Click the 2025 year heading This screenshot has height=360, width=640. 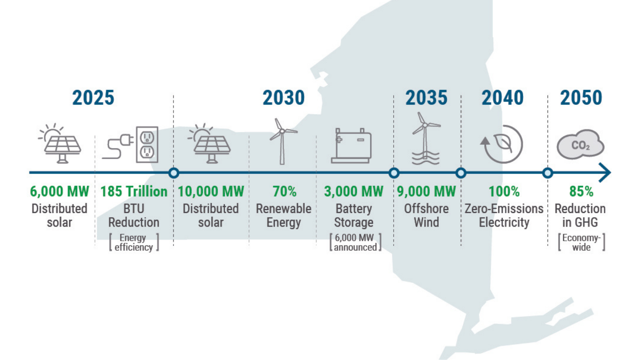tap(93, 98)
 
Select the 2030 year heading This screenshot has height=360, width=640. tap(284, 98)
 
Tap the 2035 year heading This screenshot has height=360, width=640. tap(426, 98)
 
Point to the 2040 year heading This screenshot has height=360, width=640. tap(502, 98)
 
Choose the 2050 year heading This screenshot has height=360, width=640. tap(581, 98)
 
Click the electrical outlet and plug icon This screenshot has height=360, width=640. tap(130, 144)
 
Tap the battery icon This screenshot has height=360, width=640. tap(352, 146)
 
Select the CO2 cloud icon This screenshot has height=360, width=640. tap(580, 144)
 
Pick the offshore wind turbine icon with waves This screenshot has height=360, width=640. tap(426, 138)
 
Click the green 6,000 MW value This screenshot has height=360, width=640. tap(60, 192)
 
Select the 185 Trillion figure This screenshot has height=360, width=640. tap(134, 192)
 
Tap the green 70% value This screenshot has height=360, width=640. tap(284, 192)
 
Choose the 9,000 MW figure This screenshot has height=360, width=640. tap(426, 192)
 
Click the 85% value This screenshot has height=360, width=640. tap(581, 192)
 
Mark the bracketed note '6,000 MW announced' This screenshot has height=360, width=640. tap(355, 242)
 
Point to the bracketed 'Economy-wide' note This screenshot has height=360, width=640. tap(582, 242)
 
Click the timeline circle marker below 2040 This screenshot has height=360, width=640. tap(461, 173)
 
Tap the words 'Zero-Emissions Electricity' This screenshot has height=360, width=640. tap(504, 216)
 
